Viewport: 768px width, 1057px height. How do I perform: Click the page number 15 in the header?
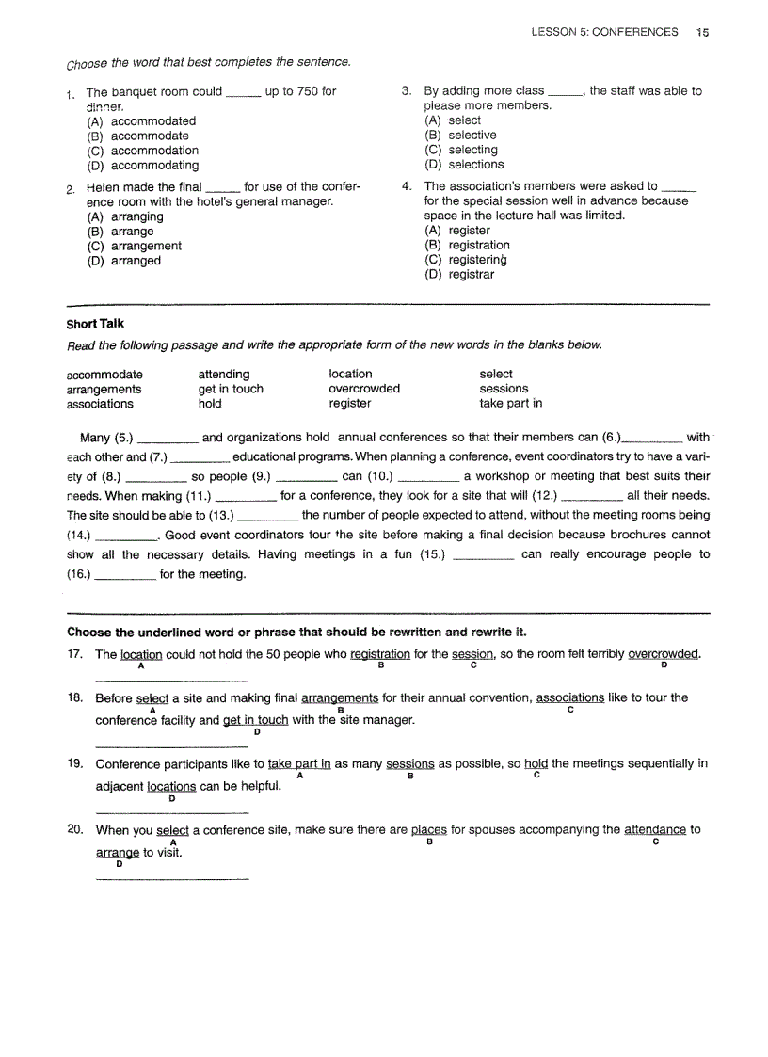703,32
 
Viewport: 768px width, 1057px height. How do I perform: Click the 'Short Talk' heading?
95,324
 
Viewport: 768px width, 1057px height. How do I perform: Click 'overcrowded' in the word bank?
364,389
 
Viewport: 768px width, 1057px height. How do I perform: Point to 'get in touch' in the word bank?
231,389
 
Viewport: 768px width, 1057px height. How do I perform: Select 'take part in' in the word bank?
511,404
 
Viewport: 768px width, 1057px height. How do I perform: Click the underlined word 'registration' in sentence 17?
380,654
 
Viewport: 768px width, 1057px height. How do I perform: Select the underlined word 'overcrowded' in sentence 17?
664,654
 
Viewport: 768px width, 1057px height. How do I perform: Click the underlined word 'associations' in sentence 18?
570,697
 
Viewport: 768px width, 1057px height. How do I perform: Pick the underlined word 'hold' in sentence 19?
536,763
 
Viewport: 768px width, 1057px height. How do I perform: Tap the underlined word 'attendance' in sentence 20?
655,829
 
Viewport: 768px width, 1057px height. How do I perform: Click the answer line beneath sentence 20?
173,879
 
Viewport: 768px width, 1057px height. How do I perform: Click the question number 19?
76,763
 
